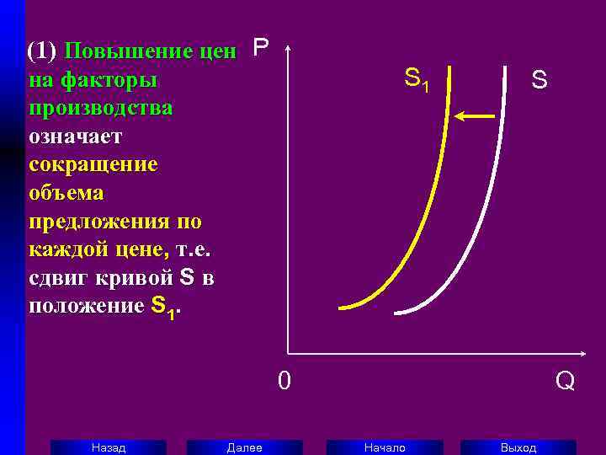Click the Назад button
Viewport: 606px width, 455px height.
point(108,447)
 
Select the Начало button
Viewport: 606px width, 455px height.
point(384,447)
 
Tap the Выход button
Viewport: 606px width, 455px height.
point(518,447)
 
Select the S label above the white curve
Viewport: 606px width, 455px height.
point(539,80)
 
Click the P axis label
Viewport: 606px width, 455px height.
point(261,47)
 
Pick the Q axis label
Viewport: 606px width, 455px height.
point(565,382)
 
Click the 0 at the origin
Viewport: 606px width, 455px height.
point(284,382)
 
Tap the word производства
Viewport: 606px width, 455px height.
point(100,109)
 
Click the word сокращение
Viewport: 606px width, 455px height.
point(93,164)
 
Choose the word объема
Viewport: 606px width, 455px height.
point(66,193)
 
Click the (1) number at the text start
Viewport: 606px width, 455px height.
point(42,51)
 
